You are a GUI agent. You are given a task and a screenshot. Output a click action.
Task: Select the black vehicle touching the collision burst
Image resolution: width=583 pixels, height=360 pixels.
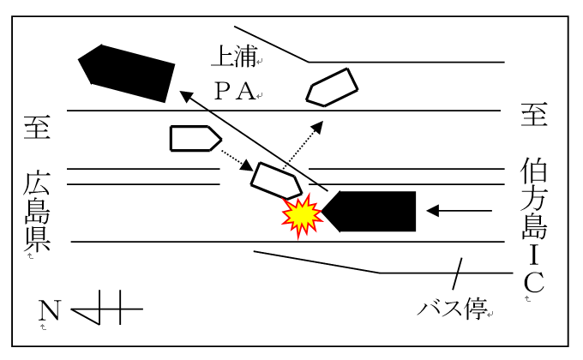370,211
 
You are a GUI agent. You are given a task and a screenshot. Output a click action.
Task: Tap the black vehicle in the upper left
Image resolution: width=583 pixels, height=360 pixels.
127,74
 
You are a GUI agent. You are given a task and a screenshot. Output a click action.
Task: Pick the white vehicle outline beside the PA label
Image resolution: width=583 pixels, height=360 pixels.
332,87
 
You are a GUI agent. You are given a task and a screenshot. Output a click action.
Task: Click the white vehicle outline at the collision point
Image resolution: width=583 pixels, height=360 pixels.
277,181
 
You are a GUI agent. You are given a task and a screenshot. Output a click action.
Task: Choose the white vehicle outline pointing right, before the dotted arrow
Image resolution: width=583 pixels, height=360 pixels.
195,138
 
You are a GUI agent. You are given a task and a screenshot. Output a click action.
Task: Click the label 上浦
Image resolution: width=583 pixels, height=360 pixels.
234,57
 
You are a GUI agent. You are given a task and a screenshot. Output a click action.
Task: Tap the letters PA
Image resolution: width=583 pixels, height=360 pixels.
235,91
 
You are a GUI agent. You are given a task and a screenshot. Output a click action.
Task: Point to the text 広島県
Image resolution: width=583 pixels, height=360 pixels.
37,211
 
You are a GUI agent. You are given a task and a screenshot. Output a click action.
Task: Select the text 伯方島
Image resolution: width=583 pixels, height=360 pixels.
534,199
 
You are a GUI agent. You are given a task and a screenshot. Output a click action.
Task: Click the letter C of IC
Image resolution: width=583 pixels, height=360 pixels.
534,282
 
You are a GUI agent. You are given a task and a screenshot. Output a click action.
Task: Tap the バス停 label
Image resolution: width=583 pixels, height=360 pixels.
453,309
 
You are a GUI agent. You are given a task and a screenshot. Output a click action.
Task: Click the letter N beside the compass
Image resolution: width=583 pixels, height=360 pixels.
49,309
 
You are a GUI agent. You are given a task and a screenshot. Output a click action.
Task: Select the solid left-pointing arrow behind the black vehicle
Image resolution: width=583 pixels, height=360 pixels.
460,211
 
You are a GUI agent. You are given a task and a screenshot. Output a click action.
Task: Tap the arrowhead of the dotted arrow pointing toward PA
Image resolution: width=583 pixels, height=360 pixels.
317,127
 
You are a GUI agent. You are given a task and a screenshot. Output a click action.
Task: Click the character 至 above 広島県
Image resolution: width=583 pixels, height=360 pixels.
37,127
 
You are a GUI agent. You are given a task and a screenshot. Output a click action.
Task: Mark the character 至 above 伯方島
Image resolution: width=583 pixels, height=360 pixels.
534,114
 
